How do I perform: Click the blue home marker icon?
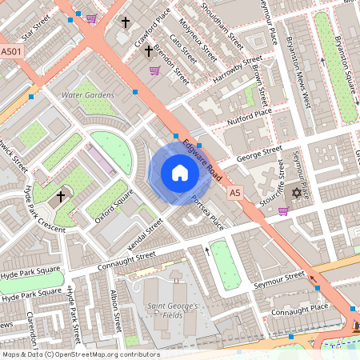[180, 173]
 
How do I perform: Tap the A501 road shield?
[11, 51]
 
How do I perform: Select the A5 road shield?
[234, 193]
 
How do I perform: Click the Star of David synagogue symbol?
[298, 193]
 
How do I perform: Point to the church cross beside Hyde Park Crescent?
[61, 196]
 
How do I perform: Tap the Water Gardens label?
[87, 94]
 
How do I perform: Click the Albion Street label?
[118, 306]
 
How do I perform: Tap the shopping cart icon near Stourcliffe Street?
[283, 211]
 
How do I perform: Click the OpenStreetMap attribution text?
[80, 354]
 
